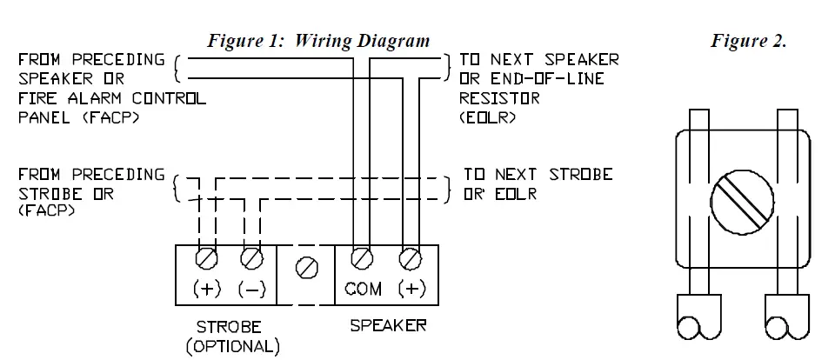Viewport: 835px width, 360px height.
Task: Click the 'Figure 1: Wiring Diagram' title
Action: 317,40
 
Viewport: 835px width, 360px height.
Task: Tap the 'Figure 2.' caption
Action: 749,42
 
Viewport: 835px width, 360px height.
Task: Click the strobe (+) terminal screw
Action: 207,258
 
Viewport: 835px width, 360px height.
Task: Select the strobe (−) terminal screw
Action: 251,258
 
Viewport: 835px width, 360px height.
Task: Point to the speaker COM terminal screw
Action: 362,258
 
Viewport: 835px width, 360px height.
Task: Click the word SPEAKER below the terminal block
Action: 388,326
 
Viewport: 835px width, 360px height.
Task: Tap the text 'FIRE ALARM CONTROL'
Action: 111,98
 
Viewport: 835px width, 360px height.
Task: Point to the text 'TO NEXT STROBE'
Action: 538,175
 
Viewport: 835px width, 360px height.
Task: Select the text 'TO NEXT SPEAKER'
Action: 539,60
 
